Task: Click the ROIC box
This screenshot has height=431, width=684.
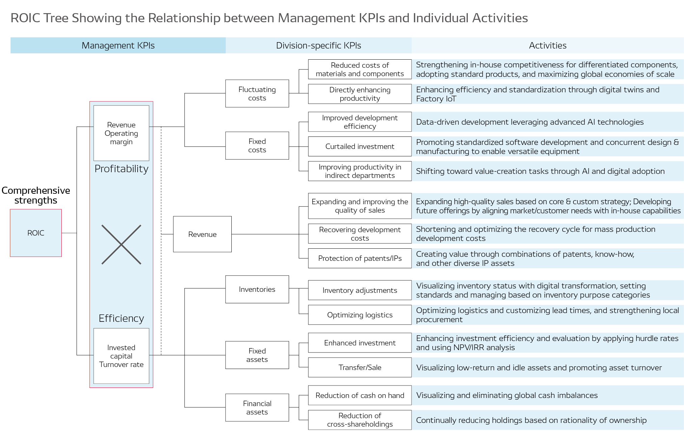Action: [x=36, y=233]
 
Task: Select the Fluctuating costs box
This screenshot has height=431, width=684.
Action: [x=257, y=94]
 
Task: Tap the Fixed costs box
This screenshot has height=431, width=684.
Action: [x=257, y=146]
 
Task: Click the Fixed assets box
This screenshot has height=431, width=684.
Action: [x=257, y=355]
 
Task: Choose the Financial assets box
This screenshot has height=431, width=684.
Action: [x=257, y=408]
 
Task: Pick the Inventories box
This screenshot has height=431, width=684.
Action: [x=257, y=289]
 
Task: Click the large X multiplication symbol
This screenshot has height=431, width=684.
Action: [x=121, y=245]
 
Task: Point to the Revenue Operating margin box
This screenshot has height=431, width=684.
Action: [x=121, y=133]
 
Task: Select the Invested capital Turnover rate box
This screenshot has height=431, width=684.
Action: [x=121, y=356]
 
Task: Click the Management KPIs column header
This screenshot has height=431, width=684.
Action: [x=118, y=45]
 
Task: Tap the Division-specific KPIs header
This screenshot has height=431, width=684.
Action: [x=318, y=45]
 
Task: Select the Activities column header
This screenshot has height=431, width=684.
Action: [x=547, y=45]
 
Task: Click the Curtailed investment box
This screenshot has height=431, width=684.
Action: [x=360, y=146]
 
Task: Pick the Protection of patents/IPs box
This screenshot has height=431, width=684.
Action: [x=360, y=258]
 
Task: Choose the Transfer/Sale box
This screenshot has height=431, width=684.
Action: [x=360, y=367]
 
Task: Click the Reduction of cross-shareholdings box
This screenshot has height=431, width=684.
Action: [x=360, y=420]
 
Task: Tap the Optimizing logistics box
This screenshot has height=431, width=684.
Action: [x=360, y=315]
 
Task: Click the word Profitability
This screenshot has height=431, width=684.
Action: [x=121, y=168]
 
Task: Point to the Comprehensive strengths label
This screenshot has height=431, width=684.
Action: [x=36, y=195]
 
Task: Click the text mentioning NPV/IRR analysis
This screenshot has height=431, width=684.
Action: [x=465, y=347]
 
